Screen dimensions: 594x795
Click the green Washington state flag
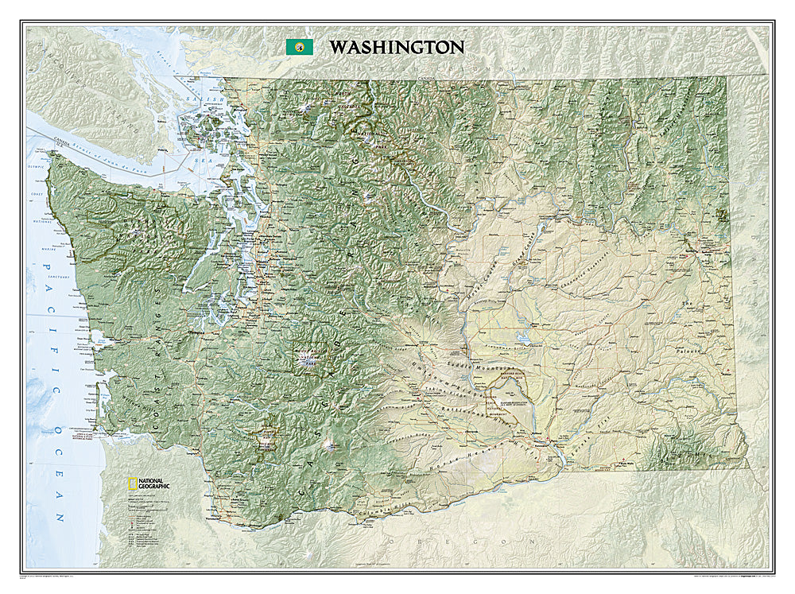coord(299,47)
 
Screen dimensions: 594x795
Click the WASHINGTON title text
coord(397,47)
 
